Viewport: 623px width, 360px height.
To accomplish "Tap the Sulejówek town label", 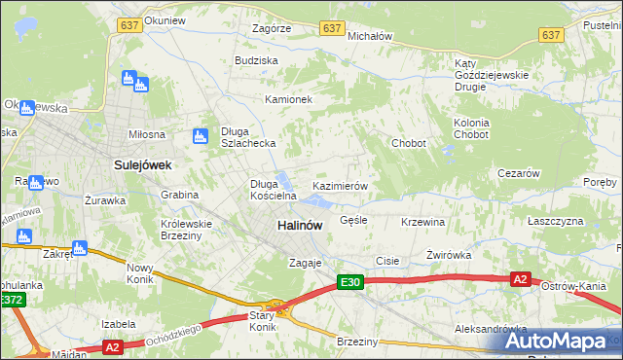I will tap(142, 165).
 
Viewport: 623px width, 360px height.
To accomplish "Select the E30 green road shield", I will tap(350, 282).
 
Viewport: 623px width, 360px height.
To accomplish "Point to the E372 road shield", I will tap(11, 302).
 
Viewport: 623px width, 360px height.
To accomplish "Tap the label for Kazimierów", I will tap(339, 185).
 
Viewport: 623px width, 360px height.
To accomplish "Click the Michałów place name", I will tap(369, 35).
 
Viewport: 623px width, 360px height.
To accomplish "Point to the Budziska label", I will tap(256, 60).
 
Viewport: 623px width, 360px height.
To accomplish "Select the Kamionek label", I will tap(288, 99).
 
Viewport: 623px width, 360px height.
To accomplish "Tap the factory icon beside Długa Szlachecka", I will tap(201, 136).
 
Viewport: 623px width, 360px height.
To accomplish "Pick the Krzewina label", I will tap(422, 222).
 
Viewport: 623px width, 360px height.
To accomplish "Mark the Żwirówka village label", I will tap(448, 255).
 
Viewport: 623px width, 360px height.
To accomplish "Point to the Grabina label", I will tap(180, 195).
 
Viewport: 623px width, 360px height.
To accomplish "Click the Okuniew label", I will tap(164, 19).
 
